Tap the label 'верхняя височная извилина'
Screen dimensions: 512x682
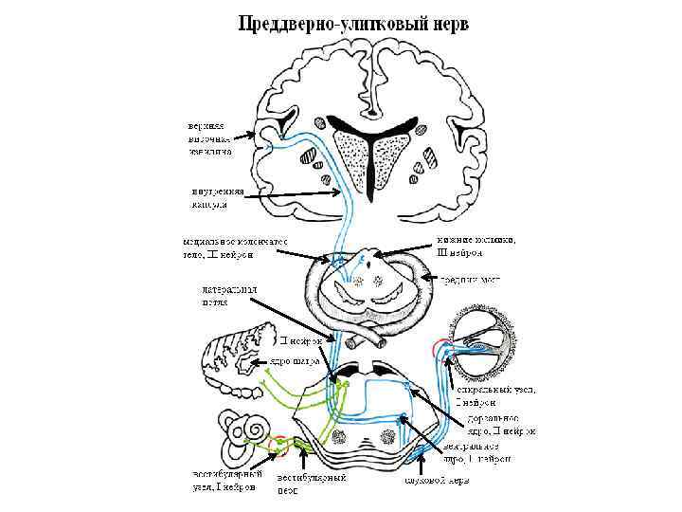click(209, 137)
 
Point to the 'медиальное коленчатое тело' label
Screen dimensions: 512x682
click(236, 247)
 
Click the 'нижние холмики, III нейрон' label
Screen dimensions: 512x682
click(476, 247)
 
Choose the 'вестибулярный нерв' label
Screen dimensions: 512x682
click(311, 483)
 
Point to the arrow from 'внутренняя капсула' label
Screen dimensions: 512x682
click(284, 193)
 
